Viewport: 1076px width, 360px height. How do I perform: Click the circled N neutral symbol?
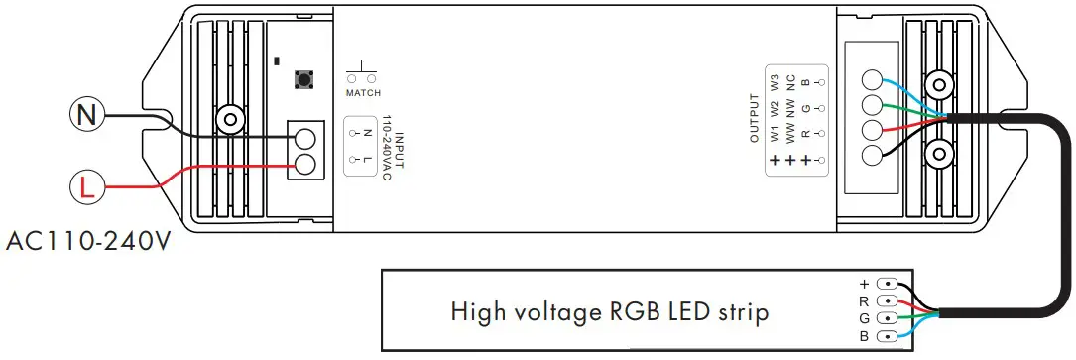[x=86, y=116]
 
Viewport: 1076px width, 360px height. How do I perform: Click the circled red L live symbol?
[x=86, y=185]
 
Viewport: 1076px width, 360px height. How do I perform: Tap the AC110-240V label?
[x=85, y=241]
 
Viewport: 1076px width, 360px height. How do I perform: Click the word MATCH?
[x=363, y=93]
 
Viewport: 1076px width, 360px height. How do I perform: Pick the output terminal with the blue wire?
[x=873, y=81]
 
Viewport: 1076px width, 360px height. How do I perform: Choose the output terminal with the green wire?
[x=873, y=106]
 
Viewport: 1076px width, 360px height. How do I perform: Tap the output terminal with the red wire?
[x=873, y=131]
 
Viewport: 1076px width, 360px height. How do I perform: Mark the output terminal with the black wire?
[x=873, y=156]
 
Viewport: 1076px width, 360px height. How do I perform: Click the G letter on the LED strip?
[x=864, y=319]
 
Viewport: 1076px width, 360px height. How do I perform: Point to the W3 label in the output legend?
[x=775, y=81]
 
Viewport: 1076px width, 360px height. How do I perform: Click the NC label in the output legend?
[x=790, y=81]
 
